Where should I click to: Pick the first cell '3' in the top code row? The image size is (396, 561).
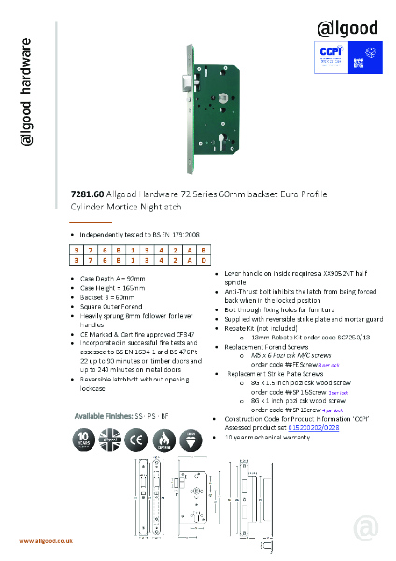click(78, 252)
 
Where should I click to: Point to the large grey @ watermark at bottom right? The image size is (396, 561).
click(364, 529)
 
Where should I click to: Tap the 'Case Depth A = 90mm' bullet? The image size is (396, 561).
click(107, 278)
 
